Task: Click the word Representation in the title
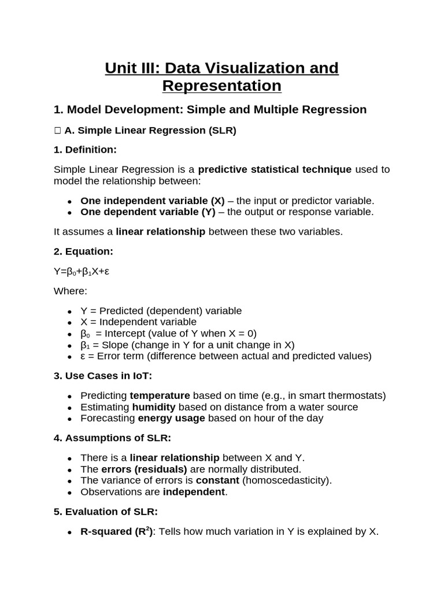221,86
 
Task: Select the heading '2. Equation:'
83,251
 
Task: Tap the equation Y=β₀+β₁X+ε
82,272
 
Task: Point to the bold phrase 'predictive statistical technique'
275,169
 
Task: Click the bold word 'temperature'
160,395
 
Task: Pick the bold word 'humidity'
154,407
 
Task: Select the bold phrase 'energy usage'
171,418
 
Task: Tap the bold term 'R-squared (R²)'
116,532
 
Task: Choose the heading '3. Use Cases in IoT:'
103,376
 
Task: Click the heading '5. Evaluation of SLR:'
106,512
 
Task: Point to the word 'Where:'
71,291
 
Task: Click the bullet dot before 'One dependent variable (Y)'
69,213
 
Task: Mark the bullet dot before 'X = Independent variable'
69,323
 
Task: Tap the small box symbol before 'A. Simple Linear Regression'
58,131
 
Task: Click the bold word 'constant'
217,480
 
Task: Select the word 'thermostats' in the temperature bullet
358,395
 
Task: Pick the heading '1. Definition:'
85,150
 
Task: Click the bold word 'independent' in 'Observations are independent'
194,492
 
